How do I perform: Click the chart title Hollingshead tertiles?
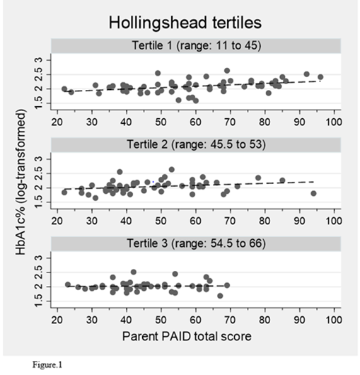coord(185,23)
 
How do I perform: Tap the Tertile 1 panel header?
coord(196,45)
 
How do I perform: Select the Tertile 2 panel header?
coord(196,144)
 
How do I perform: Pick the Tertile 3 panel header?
coord(196,243)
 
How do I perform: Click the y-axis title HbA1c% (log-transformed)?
coord(21,182)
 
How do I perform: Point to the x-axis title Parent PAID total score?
coord(187,336)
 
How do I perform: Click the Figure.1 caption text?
coord(47,364)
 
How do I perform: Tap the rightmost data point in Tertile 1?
coord(320,77)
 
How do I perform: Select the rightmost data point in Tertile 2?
coord(313,193)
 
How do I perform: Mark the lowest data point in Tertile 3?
coord(220,296)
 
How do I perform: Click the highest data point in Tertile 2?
coord(172,170)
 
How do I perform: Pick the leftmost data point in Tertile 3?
coord(68,284)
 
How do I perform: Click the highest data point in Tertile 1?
coord(227,71)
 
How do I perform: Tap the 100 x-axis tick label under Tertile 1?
coord(334,122)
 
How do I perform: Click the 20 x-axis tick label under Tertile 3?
coord(57,320)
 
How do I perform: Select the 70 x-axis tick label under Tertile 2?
coord(230,221)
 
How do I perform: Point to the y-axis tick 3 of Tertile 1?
coord(39,60)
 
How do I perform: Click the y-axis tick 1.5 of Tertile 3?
coord(39,301)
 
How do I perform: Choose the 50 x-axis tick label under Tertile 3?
coord(161,320)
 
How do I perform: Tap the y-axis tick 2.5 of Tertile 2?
coord(39,173)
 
